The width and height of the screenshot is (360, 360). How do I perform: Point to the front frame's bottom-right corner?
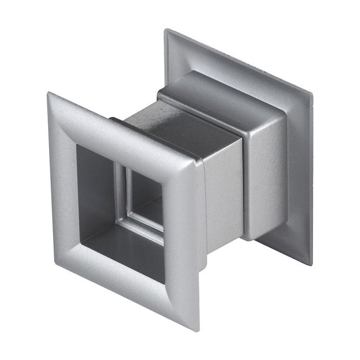[197, 331]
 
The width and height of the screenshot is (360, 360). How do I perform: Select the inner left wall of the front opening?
[89, 188]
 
